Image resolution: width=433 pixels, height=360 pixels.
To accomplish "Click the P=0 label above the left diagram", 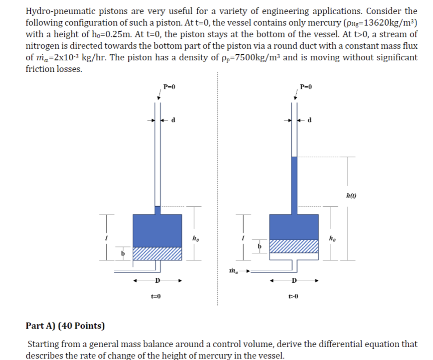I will coord(169,87).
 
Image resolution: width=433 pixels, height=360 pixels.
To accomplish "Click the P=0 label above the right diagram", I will coord(306,87).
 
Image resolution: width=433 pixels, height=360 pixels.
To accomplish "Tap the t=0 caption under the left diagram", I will coord(156,296).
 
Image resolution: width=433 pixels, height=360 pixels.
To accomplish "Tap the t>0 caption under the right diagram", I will coord(293,296).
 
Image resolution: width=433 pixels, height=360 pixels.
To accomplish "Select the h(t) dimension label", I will coord(351,195).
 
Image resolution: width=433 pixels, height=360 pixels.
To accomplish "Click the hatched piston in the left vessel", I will coord(157,254).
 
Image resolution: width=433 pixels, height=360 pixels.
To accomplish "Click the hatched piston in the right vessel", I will coord(294,246).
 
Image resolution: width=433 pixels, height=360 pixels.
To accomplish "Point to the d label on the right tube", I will coord(310,120).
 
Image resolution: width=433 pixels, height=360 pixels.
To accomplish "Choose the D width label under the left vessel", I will coord(157,281).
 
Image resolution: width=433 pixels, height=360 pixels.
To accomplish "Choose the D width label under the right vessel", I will coord(294,281).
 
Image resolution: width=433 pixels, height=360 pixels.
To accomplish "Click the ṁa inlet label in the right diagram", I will coord(234,271).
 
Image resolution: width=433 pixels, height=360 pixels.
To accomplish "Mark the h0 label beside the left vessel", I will coord(195,238).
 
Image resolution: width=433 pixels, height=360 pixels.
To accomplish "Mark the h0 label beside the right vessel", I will coord(332,238).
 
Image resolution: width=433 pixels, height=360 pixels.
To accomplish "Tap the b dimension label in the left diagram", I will coord(123,253).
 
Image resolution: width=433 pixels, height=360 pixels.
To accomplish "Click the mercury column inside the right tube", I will coord(294,186).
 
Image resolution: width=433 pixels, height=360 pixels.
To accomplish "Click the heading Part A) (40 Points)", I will coord(65,326).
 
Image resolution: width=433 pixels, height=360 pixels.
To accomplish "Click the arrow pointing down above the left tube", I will coord(159,95).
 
